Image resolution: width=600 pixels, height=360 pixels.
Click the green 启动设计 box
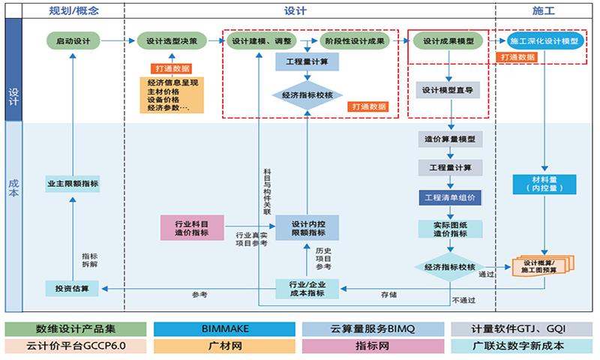[72, 40]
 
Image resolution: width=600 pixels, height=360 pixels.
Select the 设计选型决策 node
[172, 40]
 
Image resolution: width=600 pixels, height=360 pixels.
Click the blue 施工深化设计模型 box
[544, 40]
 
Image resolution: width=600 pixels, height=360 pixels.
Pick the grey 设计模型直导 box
[447, 91]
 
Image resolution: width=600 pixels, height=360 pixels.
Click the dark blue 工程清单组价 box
[450, 198]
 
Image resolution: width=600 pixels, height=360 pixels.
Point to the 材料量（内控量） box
[544, 184]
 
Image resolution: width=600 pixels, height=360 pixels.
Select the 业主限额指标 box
[72, 184]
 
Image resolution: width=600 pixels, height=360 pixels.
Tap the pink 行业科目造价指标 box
[192, 228]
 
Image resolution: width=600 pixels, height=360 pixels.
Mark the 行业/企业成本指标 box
[307, 288]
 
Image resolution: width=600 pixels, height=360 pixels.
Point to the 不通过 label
[463, 301]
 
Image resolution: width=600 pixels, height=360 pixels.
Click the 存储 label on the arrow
[388, 295]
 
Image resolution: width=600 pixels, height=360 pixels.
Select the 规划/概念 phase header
[73, 11]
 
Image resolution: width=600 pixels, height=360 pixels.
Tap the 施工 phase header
[543, 11]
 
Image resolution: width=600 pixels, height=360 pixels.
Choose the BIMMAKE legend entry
[225, 329]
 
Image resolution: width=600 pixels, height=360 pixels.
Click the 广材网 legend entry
[225, 346]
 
